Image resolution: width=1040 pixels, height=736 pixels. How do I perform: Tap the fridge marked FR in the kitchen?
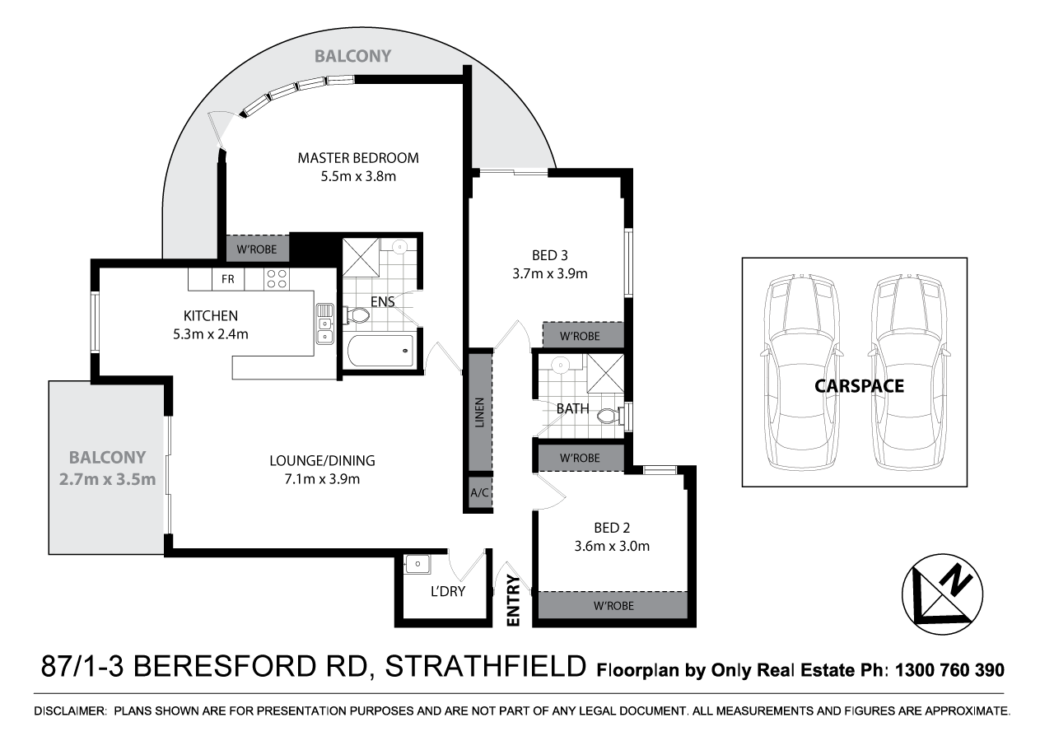coord(227,279)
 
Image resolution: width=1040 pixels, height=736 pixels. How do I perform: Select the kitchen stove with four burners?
coord(276,279)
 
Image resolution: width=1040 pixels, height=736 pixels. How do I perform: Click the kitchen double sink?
coord(324,324)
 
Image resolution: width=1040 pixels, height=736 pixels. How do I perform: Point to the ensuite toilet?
coord(359,314)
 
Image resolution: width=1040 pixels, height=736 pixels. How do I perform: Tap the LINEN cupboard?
coord(480,412)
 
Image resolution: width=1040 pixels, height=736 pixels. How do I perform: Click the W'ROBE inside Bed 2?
coord(611,605)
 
